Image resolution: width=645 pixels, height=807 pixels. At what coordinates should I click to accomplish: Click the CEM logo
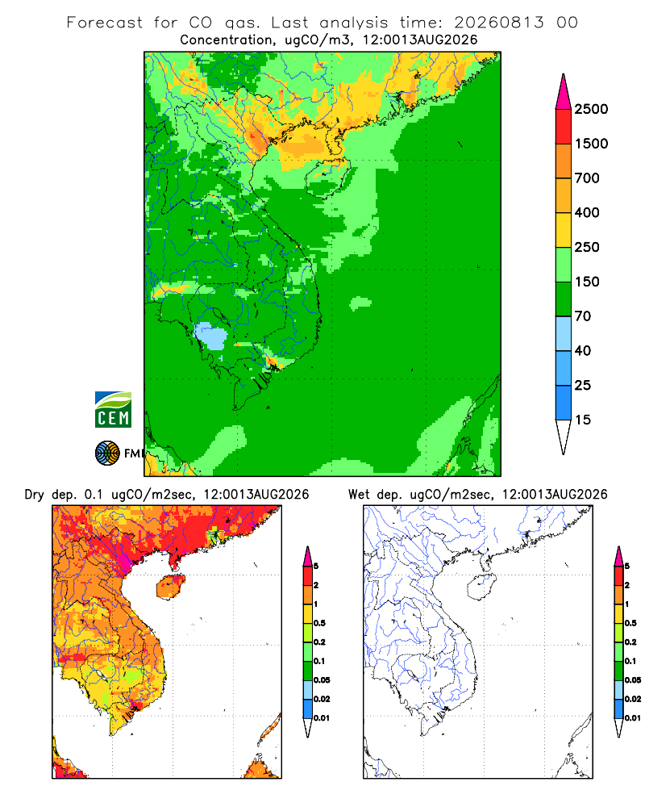(x=113, y=410)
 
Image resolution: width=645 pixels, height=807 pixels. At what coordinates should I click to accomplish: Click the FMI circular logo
(x=107, y=454)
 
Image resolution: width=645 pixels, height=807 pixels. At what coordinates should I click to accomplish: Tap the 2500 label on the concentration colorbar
(x=591, y=109)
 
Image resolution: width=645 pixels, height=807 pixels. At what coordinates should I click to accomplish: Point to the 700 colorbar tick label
(x=587, y=178)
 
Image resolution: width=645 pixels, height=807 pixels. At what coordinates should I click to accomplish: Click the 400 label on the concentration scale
(x=587, y=212)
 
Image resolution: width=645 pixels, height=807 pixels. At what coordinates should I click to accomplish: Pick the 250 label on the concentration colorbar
(x=587, y=247)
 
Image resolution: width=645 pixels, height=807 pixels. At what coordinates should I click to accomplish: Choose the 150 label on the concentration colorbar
(x=587, y=282)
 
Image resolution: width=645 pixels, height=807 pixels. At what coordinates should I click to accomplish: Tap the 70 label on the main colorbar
(x=583, y=316)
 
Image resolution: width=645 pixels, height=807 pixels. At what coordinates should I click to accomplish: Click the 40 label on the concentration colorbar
(x=583, y=350)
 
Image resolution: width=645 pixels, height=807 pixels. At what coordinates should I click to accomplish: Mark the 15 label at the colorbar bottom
(x=583, y=420)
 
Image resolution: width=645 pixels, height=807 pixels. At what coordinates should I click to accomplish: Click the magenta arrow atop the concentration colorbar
(x=564, y=92)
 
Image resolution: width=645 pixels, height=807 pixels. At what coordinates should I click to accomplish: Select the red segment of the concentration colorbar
(x=564, y=127)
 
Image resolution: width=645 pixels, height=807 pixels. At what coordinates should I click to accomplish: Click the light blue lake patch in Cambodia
(x=211, y=336)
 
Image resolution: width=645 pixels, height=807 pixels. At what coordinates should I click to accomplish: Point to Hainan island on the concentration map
(x=328, y=178)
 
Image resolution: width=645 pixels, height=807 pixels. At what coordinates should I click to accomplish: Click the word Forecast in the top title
(x=105, y=23)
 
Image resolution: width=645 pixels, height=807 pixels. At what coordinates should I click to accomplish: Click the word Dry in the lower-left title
(x=34, y=495)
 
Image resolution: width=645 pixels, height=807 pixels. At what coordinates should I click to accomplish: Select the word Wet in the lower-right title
(x=359, y=495)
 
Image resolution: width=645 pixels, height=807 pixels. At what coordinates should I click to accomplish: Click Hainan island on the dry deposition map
(x=171, y=587)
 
